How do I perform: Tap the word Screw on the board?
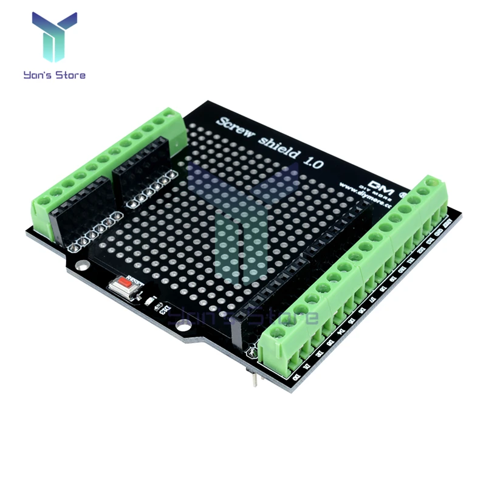coord(237,128)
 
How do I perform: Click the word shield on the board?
coord(277,148)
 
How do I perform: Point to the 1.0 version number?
coord(314,162)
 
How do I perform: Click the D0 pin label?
coord(296,377)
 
